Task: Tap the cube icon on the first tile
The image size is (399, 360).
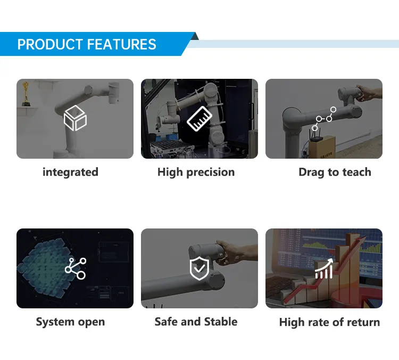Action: tap(75, 118)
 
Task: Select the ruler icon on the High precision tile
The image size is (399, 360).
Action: tap(199, 118)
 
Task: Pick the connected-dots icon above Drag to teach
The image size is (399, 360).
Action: tap(324, 118)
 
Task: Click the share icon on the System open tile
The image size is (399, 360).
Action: tap(75, 268)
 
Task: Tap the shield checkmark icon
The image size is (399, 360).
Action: tap(199, 269)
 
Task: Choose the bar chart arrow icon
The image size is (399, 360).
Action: tap(324, 268)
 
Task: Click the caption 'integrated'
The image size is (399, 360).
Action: tap(70, 172)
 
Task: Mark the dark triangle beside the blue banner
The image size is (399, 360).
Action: tap(195, 36)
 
